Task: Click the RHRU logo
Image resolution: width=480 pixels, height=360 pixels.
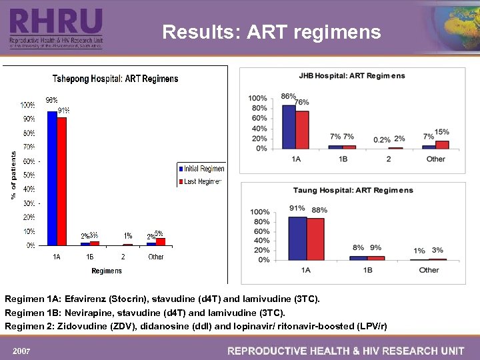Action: click(56, 27)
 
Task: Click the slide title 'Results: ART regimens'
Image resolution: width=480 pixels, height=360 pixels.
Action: click(271, 32)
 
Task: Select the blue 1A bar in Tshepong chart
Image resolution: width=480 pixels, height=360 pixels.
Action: click(52, 178)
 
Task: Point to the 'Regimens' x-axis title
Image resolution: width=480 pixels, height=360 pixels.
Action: click(107, 271)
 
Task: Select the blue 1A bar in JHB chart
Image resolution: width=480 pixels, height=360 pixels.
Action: click(289, 127)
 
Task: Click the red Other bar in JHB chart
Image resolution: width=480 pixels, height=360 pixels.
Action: click(442, 144)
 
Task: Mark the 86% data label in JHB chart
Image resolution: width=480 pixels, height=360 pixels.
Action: click(289, 97)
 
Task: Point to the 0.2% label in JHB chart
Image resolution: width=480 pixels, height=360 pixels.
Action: click(382, 139)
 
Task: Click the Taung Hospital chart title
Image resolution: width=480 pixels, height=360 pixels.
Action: click(353, 190)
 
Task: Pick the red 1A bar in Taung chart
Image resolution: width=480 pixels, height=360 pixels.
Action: click(315, 238)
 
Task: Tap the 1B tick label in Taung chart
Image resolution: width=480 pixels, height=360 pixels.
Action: click(367, 270)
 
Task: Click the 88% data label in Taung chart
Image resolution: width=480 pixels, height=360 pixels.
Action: click(319, 210)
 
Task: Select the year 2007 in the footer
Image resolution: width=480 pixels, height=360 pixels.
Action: click(23, 351)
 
